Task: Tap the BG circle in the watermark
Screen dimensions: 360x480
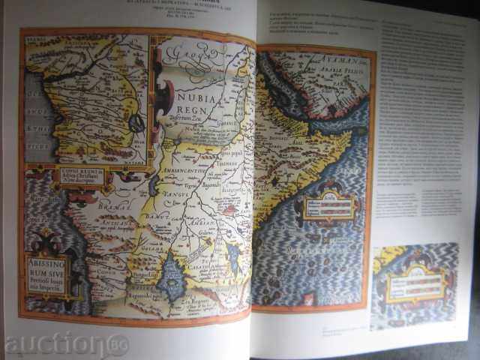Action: (118, 345)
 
